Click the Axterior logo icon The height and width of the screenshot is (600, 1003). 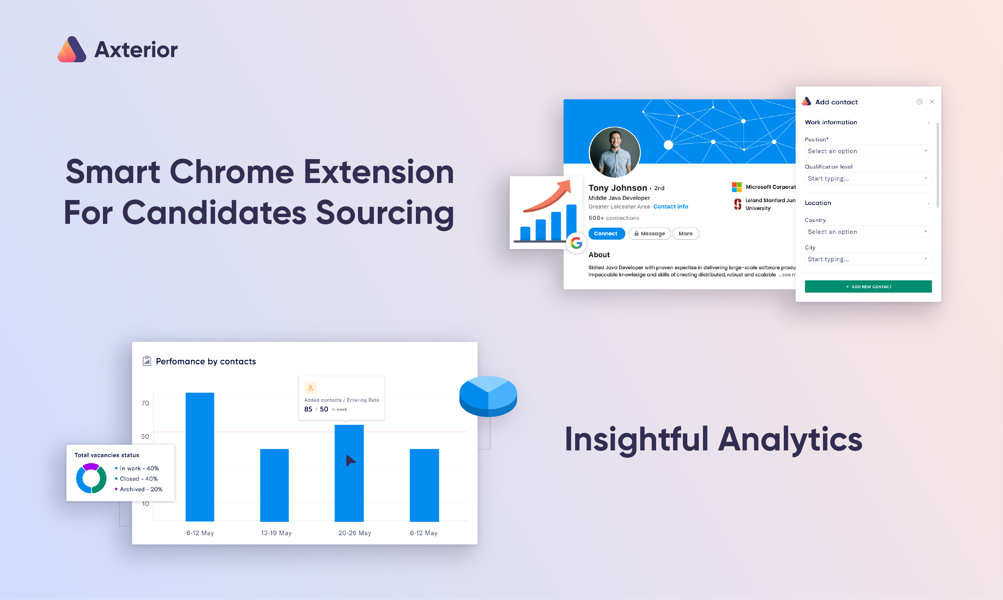pos(72,49)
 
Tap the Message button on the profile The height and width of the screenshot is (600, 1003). pos(649,233)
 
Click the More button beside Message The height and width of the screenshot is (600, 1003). pos(686,233)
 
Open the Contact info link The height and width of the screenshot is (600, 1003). pos(671,206)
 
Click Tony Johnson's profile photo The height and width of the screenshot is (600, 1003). pos(615,152)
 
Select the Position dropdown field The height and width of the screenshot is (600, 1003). pos(868,151)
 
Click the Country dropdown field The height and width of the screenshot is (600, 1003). pos(868,232)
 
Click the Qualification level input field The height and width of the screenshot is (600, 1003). pos(868,178)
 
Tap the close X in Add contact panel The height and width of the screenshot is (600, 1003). pos(932,102)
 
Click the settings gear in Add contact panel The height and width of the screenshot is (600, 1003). pos(919,102)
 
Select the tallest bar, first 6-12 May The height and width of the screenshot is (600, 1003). pos(200,457)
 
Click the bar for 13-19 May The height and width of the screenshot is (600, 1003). pos(274,485)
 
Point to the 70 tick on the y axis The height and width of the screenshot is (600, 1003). pos(145,403)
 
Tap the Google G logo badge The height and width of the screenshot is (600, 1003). pos(576,243)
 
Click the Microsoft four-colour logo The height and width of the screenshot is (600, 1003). pos(736,187)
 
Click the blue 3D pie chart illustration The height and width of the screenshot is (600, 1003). pos(488,396)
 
